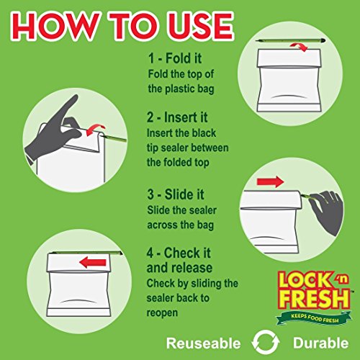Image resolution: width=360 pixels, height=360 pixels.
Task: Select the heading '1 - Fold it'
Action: click(175, 58)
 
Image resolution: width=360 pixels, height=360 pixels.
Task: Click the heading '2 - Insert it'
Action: click(177, 117)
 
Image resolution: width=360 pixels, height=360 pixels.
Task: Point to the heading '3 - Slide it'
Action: click(176, 194)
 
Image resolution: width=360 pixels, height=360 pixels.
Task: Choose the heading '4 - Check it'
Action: click(179, 253)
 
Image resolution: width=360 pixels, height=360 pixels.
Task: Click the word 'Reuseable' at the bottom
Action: click(204, 343)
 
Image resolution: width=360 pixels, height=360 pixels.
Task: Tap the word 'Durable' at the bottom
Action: click(320, 343)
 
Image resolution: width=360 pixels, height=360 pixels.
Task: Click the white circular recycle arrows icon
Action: click(266, 343)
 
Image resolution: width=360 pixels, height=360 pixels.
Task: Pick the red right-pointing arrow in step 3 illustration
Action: click(270, 181)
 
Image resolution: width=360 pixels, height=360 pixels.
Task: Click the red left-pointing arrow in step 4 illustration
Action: click(93, 263)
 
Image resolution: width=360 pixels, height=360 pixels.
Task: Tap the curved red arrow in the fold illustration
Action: click(300, 47)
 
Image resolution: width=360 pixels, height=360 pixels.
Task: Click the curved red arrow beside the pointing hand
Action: click(95, 130)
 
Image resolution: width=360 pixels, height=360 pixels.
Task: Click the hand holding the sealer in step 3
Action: click(326, 212)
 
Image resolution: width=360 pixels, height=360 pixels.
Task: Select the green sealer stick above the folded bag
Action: click(291, 41)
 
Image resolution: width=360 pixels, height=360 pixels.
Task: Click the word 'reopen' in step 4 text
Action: click(162, 313)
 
